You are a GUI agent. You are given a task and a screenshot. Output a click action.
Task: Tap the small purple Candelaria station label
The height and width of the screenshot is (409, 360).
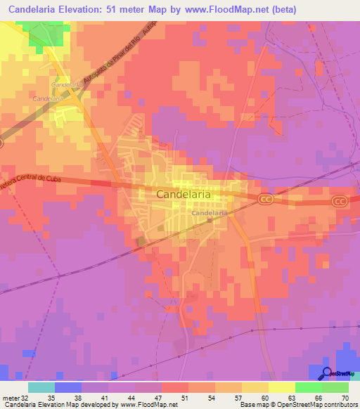coord(209,212)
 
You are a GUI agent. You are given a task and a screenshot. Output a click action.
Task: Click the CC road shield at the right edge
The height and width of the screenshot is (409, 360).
coord(340,201)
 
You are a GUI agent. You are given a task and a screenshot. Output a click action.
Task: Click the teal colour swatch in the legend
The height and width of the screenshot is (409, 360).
coord(41,387)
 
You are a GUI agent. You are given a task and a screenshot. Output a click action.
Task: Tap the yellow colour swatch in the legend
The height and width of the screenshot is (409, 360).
coord(281,387)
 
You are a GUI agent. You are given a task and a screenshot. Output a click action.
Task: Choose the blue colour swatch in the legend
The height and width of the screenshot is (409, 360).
coord(68,387)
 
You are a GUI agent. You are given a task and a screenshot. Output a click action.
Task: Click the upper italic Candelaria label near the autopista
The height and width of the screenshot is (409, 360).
coord(65,84)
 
